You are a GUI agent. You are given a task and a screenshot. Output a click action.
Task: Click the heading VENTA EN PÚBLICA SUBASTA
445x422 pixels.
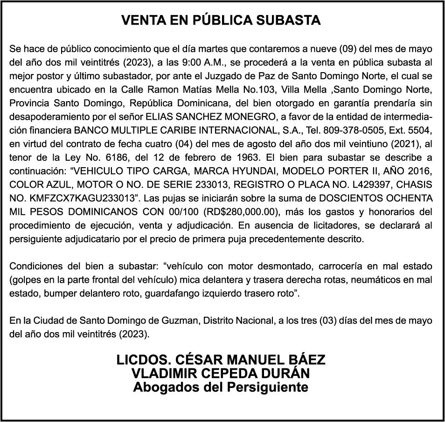221,20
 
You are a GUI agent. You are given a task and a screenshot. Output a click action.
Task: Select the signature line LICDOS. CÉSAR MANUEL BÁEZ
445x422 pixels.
221,360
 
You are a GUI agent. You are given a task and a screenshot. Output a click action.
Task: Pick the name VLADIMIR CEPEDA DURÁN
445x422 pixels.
221,374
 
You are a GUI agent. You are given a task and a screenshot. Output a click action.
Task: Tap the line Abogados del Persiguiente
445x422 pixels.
221,387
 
